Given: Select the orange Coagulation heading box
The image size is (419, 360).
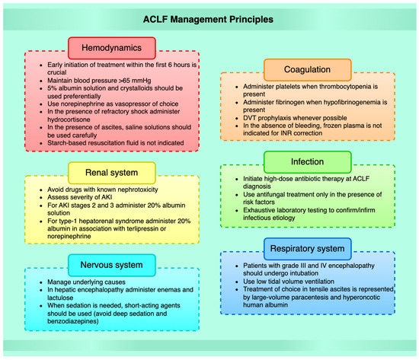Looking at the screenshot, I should (313, 71).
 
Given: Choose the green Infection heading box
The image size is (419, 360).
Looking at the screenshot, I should (313, 162).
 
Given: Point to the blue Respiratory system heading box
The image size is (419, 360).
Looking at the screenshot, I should (312, 247).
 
